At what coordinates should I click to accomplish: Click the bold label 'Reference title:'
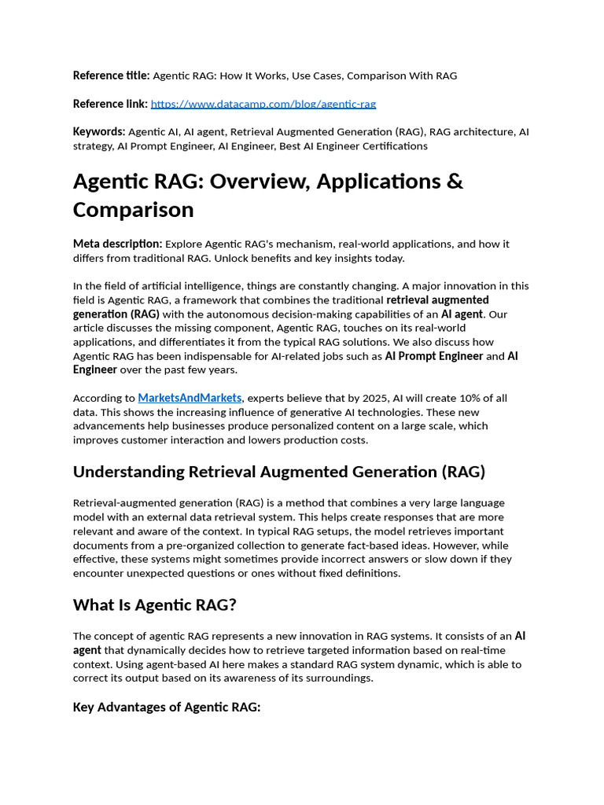tap(111, 75)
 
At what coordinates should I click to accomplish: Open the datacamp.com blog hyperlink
tap(263, 104)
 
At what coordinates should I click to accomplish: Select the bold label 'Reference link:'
tap(110, 104)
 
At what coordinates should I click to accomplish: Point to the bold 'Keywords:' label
tap(99, 131)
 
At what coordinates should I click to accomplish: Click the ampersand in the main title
tap(455, 181)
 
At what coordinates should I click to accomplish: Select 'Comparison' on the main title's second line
tap(133, 210)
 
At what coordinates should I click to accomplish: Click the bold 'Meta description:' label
tap(117, 244)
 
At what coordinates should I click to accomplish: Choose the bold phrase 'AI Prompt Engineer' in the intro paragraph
tap(433, 356)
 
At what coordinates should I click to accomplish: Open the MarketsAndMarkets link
tap(190, 398)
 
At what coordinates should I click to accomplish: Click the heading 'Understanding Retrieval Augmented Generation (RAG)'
tap(279, 472)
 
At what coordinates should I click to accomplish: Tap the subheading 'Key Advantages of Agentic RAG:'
tap(166, 707)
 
